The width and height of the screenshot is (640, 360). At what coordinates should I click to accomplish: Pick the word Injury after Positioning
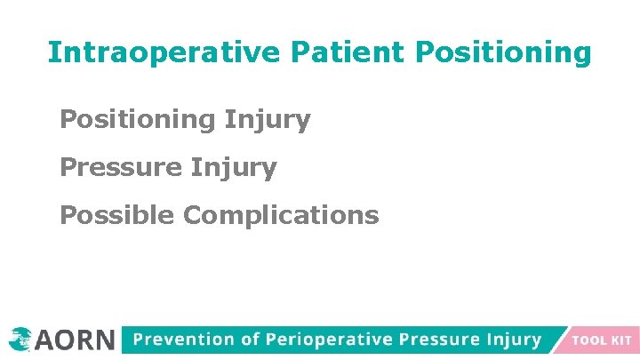pyautogui.click(x=268, y=120)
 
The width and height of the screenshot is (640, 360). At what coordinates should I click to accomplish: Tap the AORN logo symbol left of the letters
pyautogui.click(x=20, y=339)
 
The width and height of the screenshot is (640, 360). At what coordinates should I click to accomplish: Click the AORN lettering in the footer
pyautogui.click(x=76, y=340)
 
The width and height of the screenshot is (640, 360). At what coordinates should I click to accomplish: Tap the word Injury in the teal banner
pyautogui.click(x=514, y=340)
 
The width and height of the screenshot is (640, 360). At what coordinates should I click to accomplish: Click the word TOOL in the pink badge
pyautogui.click(x=589, y=340)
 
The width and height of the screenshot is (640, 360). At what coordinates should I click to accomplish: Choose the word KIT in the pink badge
pyautogui.click(x=621, y=340)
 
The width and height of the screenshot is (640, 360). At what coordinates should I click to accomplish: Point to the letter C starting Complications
pyautogui.click(x=193, y=215)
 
